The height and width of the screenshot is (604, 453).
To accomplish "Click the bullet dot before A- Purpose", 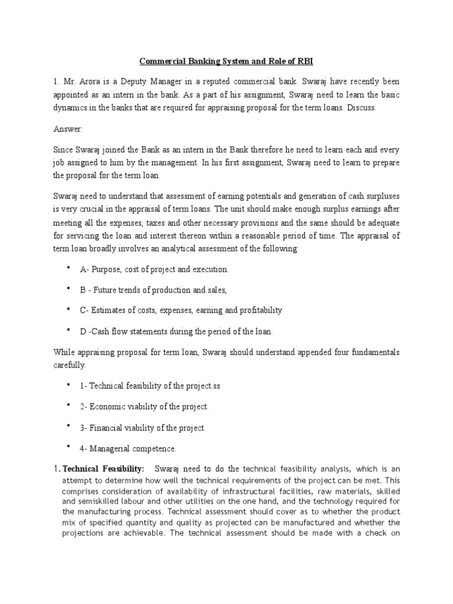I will point(68,268).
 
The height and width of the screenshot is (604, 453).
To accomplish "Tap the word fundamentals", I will point(370,352).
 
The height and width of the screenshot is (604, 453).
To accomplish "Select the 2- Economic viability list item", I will point(145,406).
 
